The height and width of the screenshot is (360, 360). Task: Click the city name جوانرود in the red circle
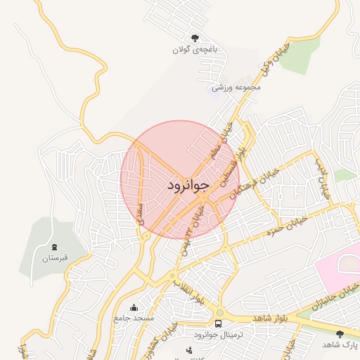(x=188, y=185)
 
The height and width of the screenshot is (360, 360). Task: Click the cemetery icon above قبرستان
(x=55, y=247)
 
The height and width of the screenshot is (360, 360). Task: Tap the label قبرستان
(x=55, y=259)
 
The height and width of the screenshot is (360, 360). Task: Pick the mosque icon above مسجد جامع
(x=134, y=307)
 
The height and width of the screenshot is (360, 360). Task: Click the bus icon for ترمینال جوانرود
(x=218, y=324)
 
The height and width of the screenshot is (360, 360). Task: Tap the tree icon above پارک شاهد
(x=341, y=333)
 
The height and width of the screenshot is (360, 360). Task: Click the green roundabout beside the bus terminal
(x=220, y=313)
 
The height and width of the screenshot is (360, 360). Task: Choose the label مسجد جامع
(x=134, y=319)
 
